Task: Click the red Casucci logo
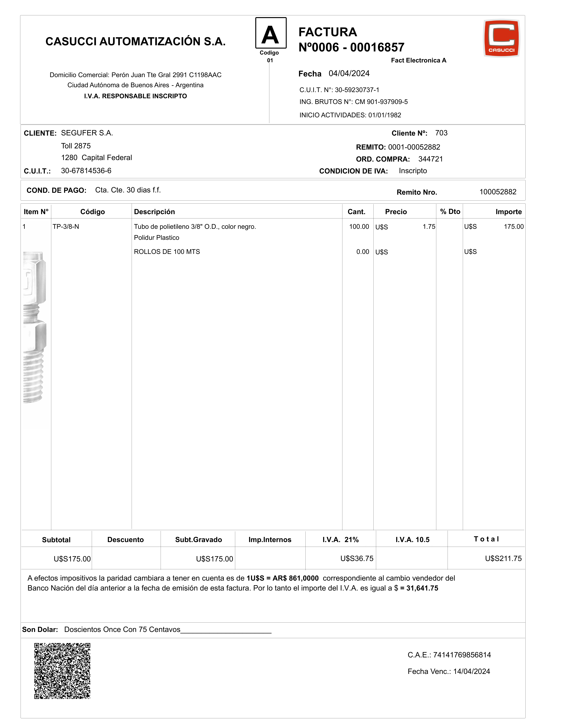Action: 501,38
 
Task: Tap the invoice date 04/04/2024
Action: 349,74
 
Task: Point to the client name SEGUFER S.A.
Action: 87,133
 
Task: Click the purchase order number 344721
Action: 431,159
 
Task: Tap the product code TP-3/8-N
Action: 66,227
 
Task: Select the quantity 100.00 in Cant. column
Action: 359,227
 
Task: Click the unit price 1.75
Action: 429,227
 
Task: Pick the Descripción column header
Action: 154,212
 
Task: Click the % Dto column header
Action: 450,212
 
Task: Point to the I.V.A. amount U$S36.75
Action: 357,559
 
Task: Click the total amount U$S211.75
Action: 503,559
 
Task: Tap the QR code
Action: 62,671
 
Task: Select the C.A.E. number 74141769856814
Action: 462,655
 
